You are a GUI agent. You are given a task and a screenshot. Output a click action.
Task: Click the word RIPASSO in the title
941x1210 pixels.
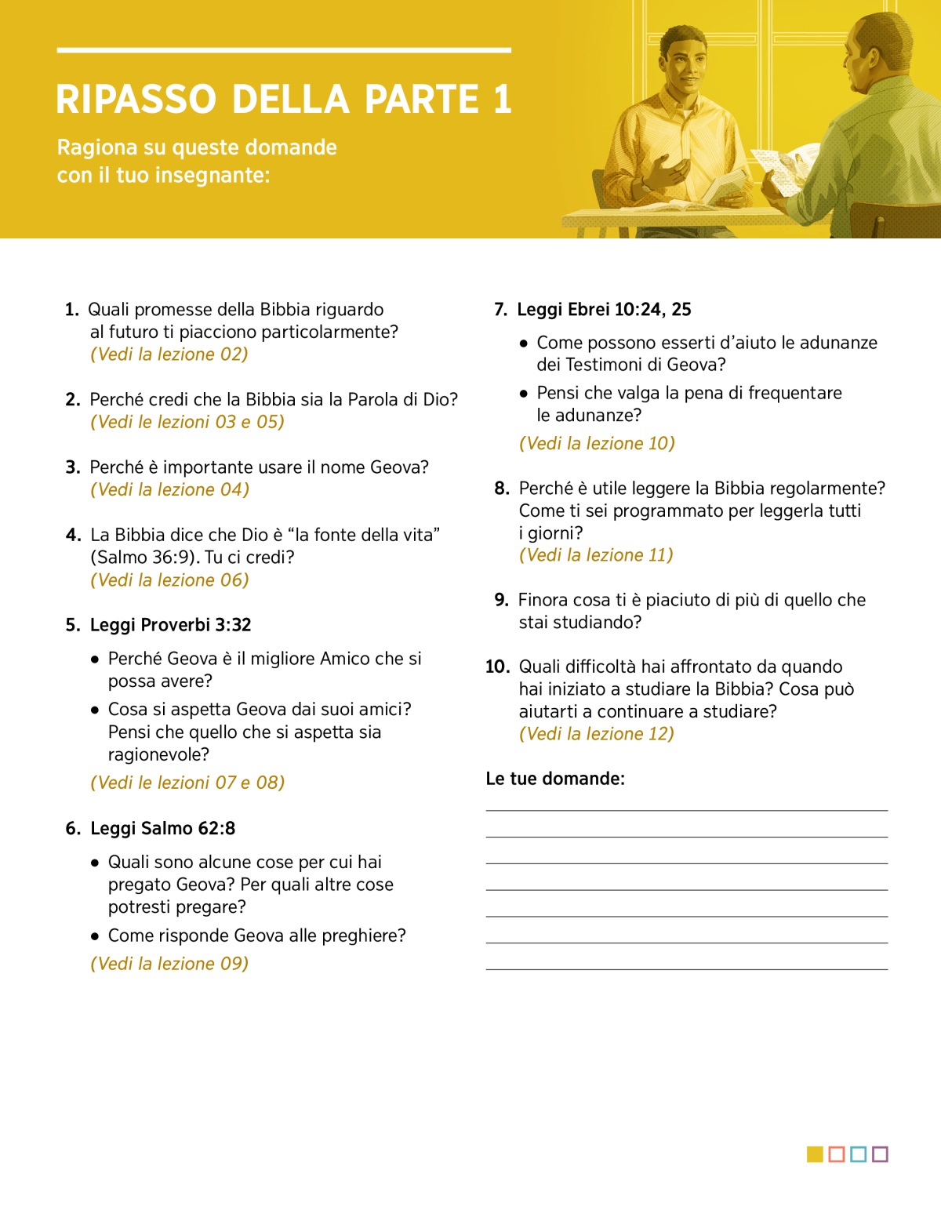tap(136, 100)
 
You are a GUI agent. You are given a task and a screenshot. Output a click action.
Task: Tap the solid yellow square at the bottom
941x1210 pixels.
tap(815, 1154)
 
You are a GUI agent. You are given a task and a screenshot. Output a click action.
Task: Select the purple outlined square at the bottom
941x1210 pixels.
tap(880, 1154)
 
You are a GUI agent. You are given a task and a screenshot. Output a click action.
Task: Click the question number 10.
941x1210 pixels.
tap(497, 667)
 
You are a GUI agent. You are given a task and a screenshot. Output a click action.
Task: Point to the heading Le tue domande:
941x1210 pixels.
tap(555, 779)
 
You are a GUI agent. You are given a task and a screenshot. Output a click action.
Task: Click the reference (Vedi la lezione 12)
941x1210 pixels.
tap(596, 734)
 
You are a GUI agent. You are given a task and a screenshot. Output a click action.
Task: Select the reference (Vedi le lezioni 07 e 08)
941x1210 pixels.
tap(187, 783)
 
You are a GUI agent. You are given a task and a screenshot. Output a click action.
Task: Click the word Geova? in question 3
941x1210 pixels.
tap(399, 467)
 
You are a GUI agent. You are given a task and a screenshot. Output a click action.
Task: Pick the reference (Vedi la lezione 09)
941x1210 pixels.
tap(169, 964)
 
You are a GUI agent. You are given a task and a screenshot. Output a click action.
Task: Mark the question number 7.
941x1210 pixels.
tap(500, 310)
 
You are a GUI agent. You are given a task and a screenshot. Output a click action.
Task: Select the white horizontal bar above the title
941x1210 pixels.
tap(284, 50)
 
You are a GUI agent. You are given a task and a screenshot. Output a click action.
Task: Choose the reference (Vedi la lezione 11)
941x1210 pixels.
tap(596, 555)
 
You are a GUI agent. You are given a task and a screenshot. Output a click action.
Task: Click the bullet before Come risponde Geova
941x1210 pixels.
tap(95, 936)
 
